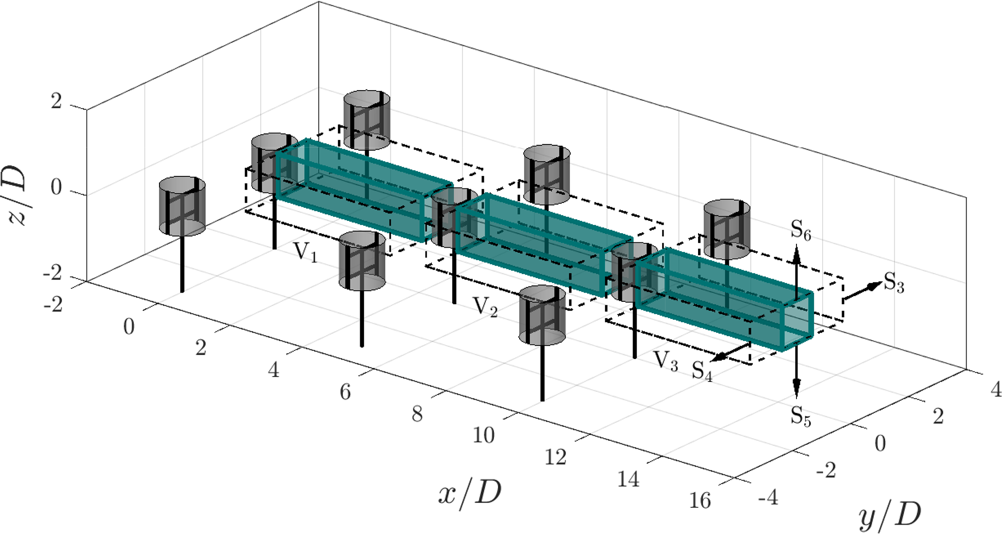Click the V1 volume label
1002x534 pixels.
[x=305, y=252]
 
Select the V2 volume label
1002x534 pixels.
[x=485, y=307]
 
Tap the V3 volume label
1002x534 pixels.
[x=666, y=361]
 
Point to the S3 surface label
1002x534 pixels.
[x=894, y=282]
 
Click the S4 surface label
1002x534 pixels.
[x=702, y=371]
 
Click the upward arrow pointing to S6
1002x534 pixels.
[x=796, y=271]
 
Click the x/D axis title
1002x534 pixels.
[x=469, y=494]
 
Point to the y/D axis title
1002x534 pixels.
[x=890, y=516]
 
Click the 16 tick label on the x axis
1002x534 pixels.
[x=700, y=500]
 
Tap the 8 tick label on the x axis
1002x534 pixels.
[x=417, y=414]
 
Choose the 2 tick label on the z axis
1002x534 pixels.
[x=57, y=102]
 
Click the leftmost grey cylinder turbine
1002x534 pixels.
[x=182, y=206]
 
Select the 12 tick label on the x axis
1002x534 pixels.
[x=555, y=457]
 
